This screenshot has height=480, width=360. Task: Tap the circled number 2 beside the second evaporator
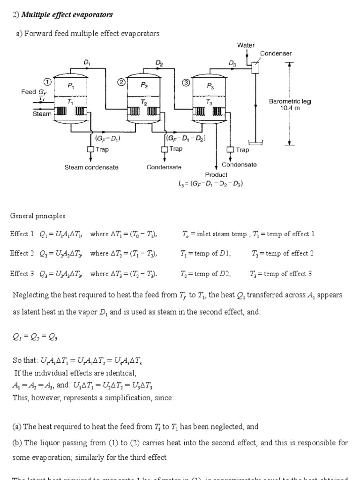[121, 82]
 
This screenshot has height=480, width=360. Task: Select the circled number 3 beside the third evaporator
[186, 82]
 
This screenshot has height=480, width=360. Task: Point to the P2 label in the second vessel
[144, 86]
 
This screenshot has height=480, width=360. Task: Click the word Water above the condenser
[246, 45]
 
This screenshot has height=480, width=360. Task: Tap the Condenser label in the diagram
[276, 53]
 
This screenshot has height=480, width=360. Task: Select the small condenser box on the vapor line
[255, 67]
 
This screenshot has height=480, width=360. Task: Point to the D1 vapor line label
[87, 62]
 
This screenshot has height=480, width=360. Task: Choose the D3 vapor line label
[232, 63]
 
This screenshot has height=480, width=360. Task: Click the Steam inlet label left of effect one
[42, 114]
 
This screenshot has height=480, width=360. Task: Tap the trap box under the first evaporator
[90, 150]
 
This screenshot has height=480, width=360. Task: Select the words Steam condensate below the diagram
[91, 167]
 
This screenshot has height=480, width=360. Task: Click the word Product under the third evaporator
[216, 174]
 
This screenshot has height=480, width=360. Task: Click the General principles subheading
[37, 216]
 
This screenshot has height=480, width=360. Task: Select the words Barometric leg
[290, 101]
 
